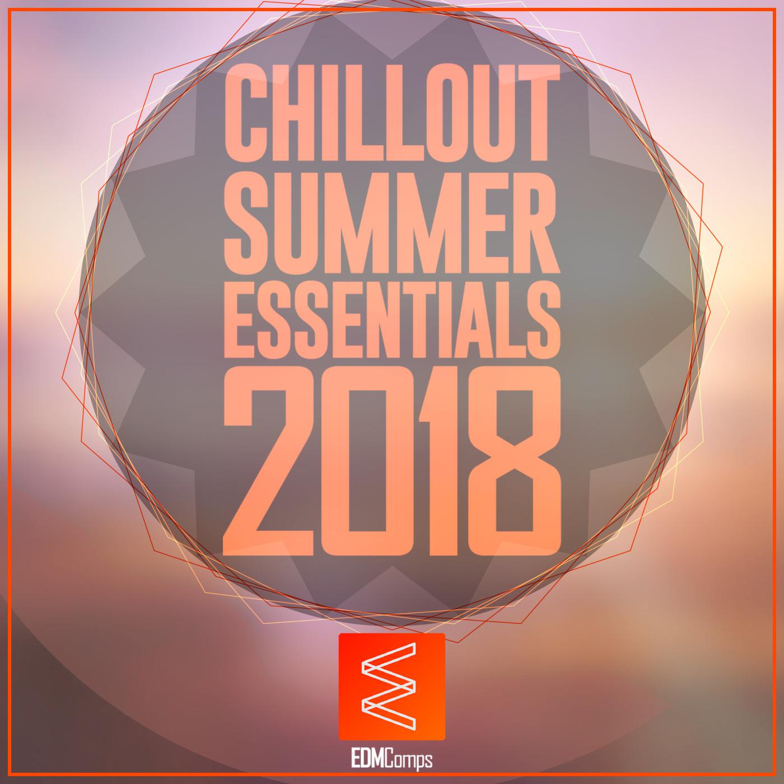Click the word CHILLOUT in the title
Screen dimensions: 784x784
coord(392,114)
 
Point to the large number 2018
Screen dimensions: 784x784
coord(392,460)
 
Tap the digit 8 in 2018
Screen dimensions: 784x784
coord(515,460)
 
